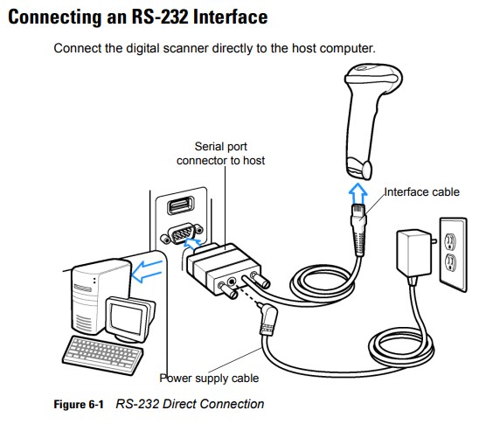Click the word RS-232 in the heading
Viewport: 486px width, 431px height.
[160, 17]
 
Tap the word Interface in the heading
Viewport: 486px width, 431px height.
[230, 17]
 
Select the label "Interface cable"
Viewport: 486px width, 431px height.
[422, 192]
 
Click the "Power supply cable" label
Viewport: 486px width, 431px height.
[209, 378]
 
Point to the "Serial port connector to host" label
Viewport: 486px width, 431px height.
[220, 154]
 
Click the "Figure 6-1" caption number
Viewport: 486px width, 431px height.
[79, 404]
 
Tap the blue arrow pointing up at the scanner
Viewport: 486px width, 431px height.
[358, 193]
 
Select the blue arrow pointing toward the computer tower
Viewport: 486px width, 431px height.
[147, 271]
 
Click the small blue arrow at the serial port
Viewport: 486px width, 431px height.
[192, 244]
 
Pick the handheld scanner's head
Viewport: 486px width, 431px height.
[373, 78]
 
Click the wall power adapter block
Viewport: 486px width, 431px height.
[413, 253]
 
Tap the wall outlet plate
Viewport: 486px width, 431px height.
[453, 254]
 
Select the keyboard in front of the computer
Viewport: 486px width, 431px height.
[103, 355]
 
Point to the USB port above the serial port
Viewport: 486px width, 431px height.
[181, 205]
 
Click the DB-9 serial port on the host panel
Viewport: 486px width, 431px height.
[182, 233]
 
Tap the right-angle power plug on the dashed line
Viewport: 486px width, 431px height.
[267, 319]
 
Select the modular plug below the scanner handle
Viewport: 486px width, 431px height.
[358, 229]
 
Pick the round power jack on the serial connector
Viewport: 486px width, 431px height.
[232, 282]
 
